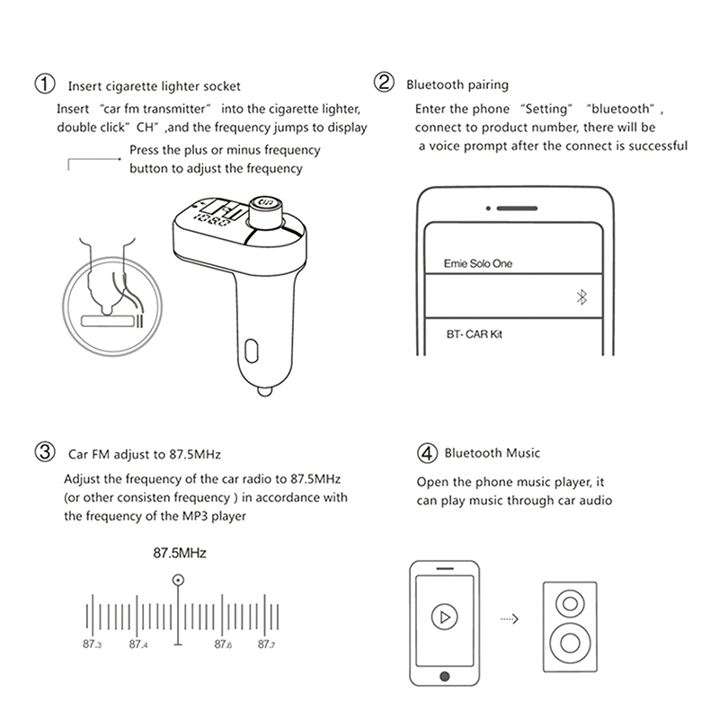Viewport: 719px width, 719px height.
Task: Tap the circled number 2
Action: click(384, 84)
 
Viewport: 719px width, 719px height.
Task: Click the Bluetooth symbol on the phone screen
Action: click(581, 299)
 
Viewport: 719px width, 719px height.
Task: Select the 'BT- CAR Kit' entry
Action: click(473, 333)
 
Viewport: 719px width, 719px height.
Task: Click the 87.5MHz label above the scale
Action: click(179, 554)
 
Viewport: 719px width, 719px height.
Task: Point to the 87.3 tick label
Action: click(92, 644)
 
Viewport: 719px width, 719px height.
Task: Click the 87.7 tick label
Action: click(266, 644)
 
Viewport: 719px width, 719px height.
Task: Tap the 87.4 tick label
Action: click(138, 644)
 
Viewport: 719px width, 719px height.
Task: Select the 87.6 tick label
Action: click(223, 644)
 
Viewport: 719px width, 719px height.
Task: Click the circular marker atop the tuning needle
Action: click(179, 581)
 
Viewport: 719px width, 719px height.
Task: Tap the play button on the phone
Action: click(442, 617)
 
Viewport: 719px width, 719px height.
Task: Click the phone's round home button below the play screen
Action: click(442, 677)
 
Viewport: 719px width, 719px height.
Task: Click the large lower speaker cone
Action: click(570, 644)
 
